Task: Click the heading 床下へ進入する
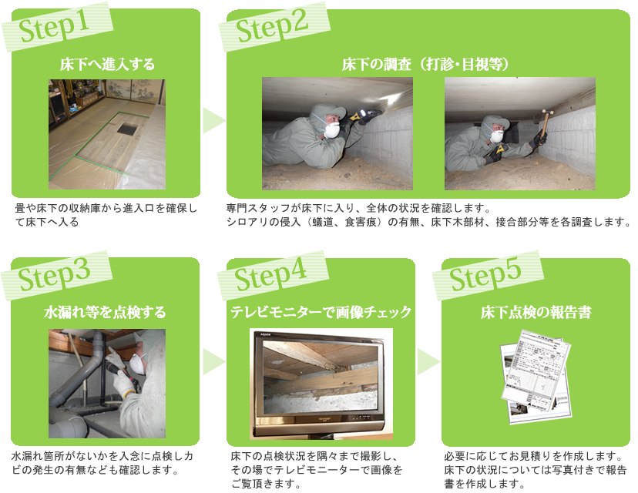[107, 64]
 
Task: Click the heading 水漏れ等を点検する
[105, 313]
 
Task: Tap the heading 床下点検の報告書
[536, 313]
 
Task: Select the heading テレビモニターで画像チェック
[321, 313]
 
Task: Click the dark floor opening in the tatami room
[128, 129]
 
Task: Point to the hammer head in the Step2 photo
[548, 112]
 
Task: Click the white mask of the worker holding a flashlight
[332, 130]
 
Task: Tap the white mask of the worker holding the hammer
[497, 136]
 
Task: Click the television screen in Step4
[321, 376]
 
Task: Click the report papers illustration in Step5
[536, 376]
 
